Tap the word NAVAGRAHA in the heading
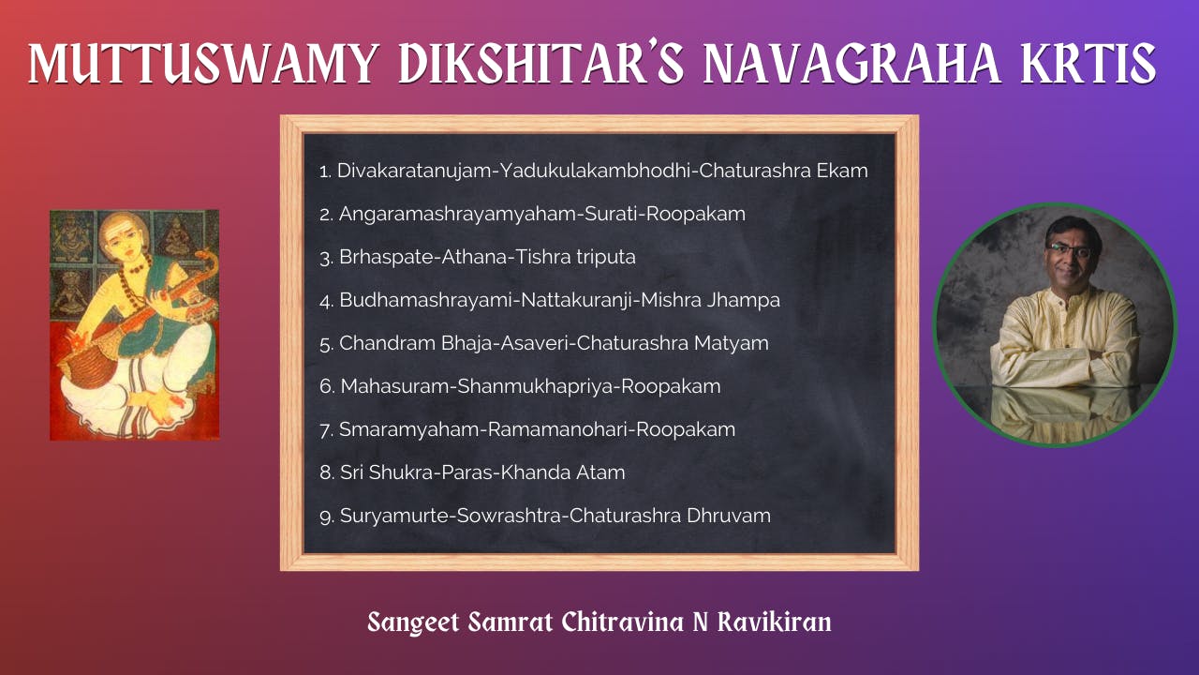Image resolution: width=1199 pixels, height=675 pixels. point(851,64)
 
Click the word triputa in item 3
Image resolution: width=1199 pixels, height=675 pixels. point(606,258)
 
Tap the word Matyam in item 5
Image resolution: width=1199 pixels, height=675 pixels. point(732,343)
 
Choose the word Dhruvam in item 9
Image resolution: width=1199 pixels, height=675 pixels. point(729,516)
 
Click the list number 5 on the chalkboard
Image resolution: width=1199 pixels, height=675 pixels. point(325,344)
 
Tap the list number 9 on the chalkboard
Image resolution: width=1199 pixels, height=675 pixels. point(325,517)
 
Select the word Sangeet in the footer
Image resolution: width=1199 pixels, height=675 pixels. point(413,622)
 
